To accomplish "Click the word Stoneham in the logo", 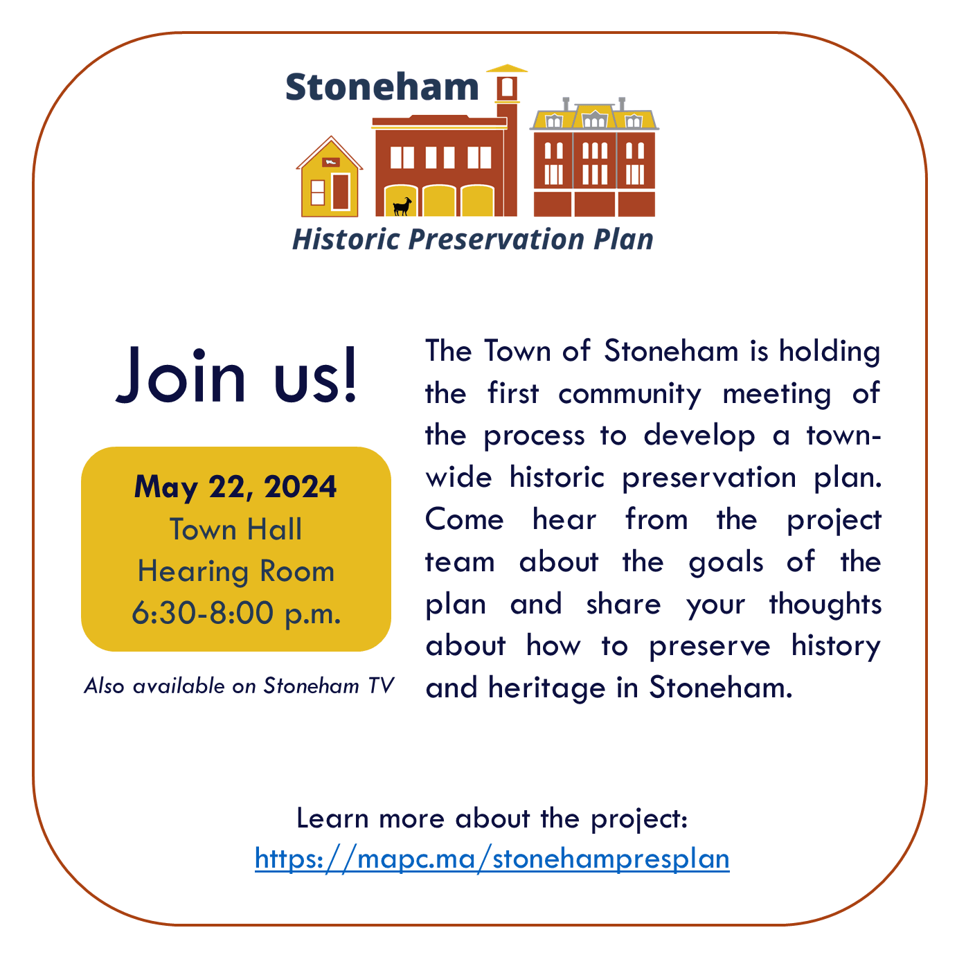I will click(382, 87).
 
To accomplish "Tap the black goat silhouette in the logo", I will click(402, 206).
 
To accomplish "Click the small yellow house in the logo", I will click(330, 181).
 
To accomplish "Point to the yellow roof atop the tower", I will click(508, 69).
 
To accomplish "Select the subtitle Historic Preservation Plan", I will click(472, 240).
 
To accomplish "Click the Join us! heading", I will click(237, 375).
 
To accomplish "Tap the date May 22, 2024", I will click(235, 487).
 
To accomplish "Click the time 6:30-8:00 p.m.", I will click(236, 613).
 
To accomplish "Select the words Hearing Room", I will click(236, 572).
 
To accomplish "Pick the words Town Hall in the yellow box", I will click(236, 530).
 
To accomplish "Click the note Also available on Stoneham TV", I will click(239, 686).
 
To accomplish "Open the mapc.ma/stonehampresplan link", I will click(492, 859).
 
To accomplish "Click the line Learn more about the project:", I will click(492, 819).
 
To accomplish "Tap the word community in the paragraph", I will click(629, 395).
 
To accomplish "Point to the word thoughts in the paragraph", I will click(825, 604).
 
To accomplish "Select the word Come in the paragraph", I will click(464, 520).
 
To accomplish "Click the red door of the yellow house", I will click(340, 191).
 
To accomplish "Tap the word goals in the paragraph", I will click(726, 563).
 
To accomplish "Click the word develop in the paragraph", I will click(699, 437).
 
